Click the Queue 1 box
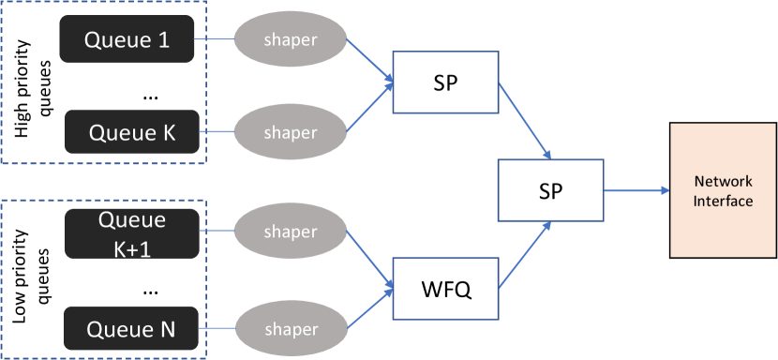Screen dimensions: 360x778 click(128, 39)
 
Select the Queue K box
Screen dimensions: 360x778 click(132, 132)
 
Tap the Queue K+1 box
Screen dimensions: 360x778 click(132, 232)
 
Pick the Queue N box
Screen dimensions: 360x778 click(132, 329)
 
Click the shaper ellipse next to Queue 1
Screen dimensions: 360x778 click(290, 39)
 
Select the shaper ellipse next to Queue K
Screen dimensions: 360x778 click(290, 132)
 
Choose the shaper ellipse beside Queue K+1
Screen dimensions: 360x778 click(290, 232)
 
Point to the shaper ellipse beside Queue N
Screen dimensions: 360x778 click(290, 329)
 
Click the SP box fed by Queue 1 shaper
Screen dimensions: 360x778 click(445, 82)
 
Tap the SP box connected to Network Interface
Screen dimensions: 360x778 click(550, 190)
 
